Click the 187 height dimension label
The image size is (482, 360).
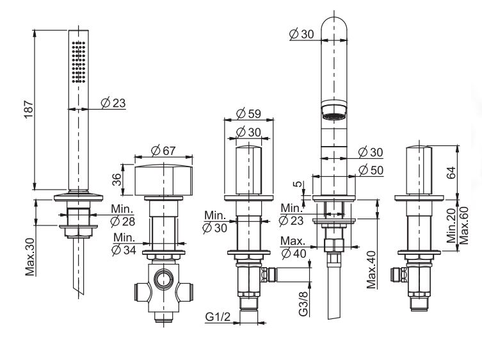(29, 110)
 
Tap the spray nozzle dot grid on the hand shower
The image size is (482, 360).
(78, 62)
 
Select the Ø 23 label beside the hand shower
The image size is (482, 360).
(113, 102)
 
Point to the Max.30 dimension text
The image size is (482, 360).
(30, 256)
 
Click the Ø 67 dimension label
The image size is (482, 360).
(163, 151)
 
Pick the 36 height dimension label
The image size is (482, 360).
(116, 180)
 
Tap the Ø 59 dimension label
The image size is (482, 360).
(248, 113)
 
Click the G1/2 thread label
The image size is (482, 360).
(218, 316)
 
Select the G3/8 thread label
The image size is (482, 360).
(303, 304)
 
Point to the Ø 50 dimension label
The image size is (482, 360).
(371, 170)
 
